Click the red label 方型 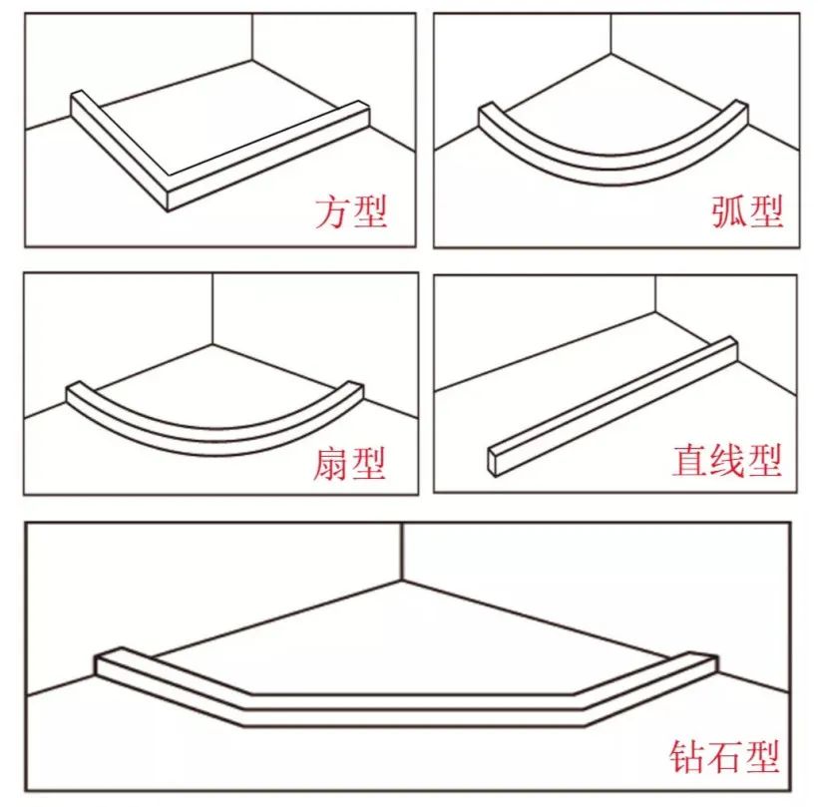[350, 211]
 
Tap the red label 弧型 [747, 211]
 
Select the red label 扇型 [349, 463]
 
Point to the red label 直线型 [726, 460]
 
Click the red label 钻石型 [724, 756]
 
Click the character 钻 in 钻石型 [687, 756]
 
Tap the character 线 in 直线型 [726, 460]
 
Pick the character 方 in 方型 [332, 211]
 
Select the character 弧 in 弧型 [729, 211]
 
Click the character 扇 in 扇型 [330, 463]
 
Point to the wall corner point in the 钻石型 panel [402, 579]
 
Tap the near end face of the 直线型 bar [494, 461]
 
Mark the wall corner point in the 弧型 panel [611, 54]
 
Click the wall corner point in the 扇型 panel [212, 344]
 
